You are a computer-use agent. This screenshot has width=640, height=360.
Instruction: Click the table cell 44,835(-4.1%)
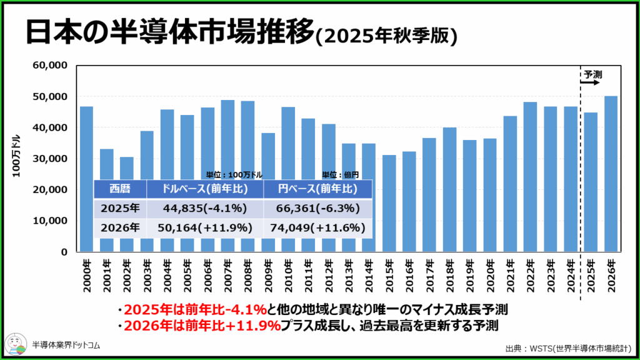pos(205,208)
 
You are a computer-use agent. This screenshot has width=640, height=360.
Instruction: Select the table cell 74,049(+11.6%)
pos(317,228)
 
